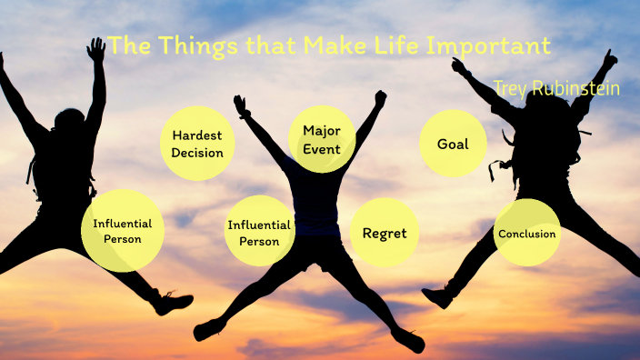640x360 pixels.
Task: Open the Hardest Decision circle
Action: tap(197, 143)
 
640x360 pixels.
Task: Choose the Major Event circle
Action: tap(322, 139)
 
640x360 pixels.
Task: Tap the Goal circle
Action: tap(453, 144)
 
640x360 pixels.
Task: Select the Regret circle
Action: tap(385, 233)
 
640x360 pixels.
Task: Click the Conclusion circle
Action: tap(526, 233)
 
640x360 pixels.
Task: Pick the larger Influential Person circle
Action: tap(123, 231)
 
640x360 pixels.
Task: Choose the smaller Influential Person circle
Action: tap(259, 233)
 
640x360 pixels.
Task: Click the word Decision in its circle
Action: tap(197, 152)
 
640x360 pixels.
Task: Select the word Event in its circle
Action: tap(322, 148)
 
